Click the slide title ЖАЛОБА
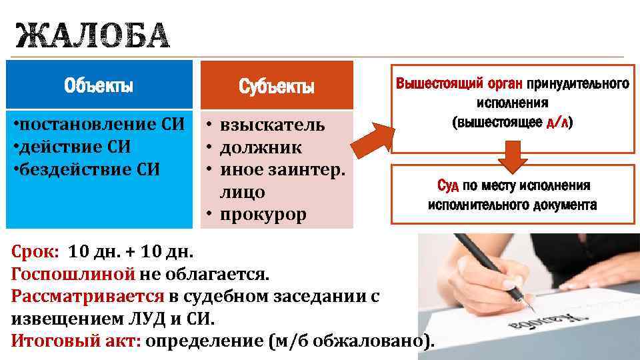click(92, 36)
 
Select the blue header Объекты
click(99, 86)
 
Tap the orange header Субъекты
click(277, 87)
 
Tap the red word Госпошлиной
click(73, 273)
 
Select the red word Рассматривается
click(87, 296)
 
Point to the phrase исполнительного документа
click(512, 205)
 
